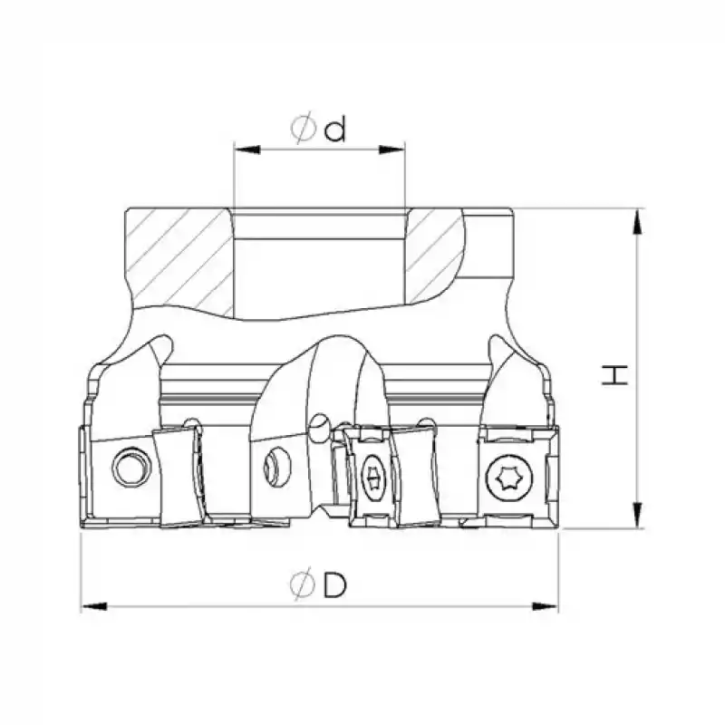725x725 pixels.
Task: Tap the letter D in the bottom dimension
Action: click(334, 585)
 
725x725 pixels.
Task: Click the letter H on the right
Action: click(614, 375)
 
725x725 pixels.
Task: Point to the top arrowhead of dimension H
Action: click(638, 222)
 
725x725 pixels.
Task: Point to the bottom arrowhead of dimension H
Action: click(638, 515)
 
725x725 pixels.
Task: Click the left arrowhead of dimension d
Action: click(247, 150)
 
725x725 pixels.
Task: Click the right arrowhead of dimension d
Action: click(391, 150)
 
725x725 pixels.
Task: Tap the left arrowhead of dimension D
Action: click(94, 606)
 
